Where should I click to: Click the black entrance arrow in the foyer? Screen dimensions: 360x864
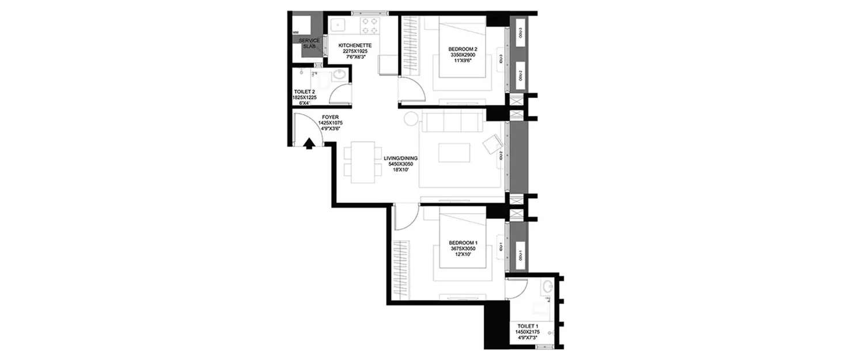pos(309,143)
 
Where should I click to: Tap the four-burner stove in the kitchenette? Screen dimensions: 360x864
pos(369,27)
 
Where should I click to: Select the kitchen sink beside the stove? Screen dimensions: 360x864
pos(336,26)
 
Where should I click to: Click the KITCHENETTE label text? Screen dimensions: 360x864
pos(354,45)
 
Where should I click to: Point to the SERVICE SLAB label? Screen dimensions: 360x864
pos(309,43)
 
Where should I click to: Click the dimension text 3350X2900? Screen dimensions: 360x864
pos(464,54)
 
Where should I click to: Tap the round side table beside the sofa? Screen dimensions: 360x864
pos(410,119)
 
